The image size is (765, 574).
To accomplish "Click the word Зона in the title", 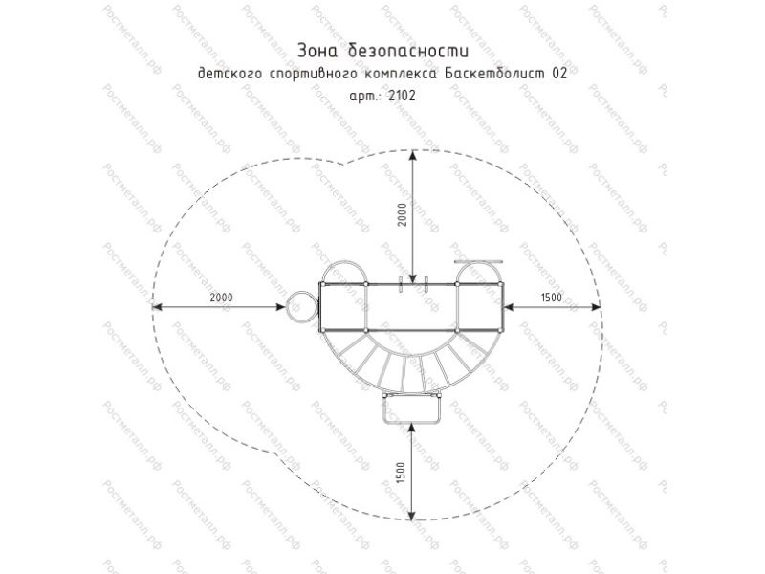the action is pos(316,51).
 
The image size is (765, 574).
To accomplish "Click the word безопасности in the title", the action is pos(408,51).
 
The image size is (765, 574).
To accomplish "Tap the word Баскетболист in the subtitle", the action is pos(494,74).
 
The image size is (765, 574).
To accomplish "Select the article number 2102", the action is pos(402,96).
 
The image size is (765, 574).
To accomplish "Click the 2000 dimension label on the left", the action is pos(222,298).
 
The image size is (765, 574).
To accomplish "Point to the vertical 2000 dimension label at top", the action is pos(402,214).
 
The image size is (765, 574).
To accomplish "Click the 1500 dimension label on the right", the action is pos(552,298).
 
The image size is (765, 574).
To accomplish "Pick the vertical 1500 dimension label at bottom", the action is pos(401,473).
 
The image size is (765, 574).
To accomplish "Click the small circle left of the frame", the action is pos(301,306).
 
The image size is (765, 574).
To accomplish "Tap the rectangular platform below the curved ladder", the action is pos(412,409).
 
